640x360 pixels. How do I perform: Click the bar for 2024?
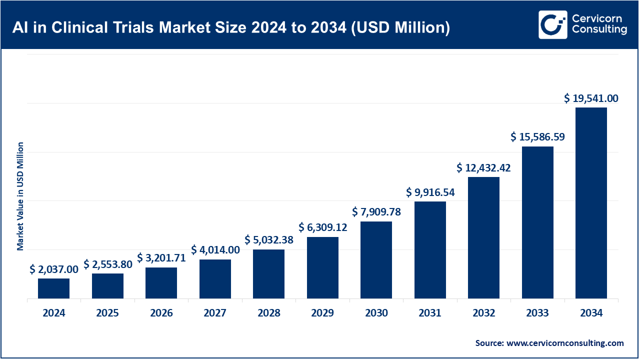[53, 288]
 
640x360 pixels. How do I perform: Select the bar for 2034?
[591, 203]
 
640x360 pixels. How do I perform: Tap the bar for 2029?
[322, 267]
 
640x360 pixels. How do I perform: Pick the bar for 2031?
[430, 250]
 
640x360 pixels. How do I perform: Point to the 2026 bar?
[161, 283]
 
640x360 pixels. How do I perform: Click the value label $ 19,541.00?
[591, 98]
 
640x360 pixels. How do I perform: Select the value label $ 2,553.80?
[107, 264]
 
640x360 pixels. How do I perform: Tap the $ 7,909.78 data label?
[376, 212]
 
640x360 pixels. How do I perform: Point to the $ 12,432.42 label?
[483, 168]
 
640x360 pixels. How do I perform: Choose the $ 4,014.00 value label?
[215, 250]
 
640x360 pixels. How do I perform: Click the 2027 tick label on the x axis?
[215, 313]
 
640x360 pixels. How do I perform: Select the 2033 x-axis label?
[537, 313]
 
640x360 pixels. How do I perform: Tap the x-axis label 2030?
[376, 313]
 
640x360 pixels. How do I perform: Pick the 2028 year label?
[269, 313]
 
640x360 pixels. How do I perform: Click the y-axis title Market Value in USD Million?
[20, 196]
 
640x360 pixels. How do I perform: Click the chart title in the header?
[231, 27]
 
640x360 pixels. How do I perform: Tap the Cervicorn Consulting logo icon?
[552, 24]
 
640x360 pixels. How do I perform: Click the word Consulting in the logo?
[599, 30]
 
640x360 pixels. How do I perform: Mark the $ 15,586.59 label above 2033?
[537, 136]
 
